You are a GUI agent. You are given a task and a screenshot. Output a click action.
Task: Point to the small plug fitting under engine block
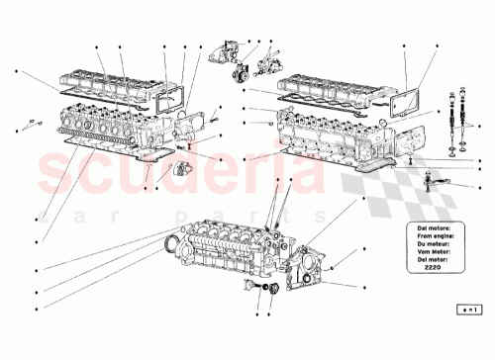(264, 290)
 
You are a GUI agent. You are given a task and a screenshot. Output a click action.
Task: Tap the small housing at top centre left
(225, 54)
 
